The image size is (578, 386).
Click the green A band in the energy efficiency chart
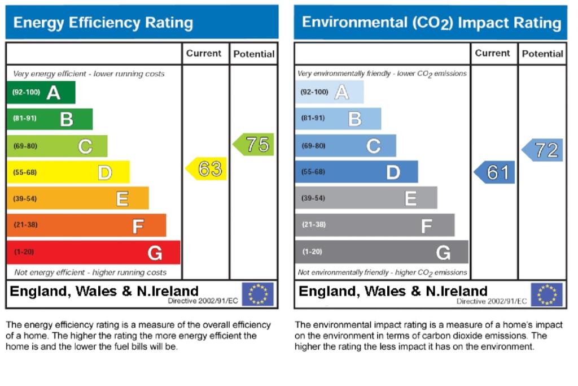41,93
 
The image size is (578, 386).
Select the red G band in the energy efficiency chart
93,252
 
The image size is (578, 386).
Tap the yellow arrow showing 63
207,169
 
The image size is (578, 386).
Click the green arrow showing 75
254,145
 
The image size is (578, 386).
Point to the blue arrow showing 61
494,172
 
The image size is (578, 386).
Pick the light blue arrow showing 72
542,150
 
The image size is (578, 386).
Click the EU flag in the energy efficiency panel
257,294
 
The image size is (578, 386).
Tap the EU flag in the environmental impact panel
546,294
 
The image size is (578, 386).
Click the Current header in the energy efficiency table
204,54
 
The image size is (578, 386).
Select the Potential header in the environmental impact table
542,54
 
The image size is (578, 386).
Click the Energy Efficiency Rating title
103,23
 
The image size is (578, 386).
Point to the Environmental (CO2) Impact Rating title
431,23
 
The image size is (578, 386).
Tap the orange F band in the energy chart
86,225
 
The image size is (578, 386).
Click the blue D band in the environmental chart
356,172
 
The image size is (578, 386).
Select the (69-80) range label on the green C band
25,146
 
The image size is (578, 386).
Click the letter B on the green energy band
67,119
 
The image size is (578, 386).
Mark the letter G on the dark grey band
443,253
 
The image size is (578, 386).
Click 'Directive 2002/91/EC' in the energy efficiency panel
203,301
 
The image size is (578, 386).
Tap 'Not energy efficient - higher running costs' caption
90,272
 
